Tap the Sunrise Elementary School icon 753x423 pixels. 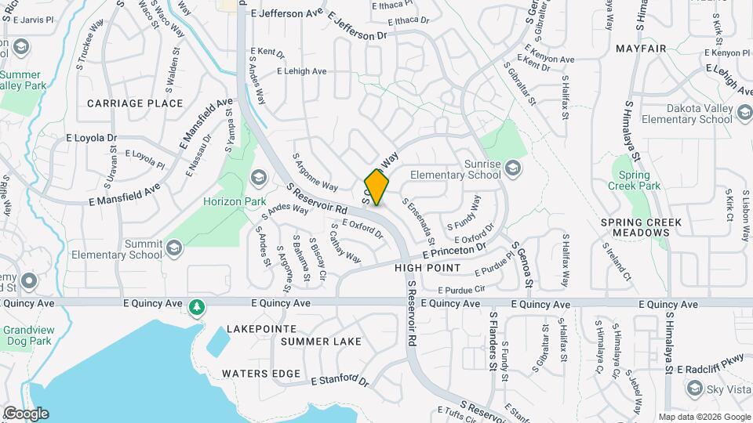pos(512,167)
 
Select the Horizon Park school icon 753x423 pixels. pos(258,179)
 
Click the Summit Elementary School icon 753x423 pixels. pos(173,248)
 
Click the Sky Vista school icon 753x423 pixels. pos(693,389)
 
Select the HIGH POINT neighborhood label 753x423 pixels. pos(427,268)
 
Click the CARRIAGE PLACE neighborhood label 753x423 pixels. pos(135,103)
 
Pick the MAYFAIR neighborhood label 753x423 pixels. pos(641,49)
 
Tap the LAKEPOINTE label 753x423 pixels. pos(261,329)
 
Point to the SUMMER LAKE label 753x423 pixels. pos(321,342)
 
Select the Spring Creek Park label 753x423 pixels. pos(634,180)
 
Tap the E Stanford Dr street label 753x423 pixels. pos(339,381)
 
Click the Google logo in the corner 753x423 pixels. pos(25,414)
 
